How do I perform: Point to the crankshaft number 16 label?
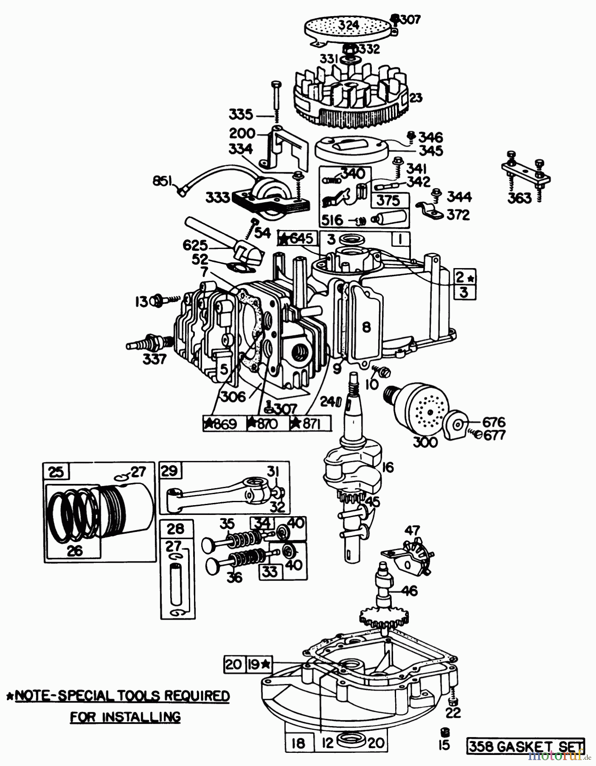coord(388,467)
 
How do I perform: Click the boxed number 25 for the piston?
coord(56,472)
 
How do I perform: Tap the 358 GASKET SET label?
coord(526,746)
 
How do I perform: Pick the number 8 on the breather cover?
coord(366,327)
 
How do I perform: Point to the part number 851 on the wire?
coord(162,182)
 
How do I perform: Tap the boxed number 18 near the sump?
coord(299,743)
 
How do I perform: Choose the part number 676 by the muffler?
coord(493,422)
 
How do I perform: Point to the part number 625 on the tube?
coord(195,245)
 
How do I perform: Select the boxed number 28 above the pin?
coord(176,529)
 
